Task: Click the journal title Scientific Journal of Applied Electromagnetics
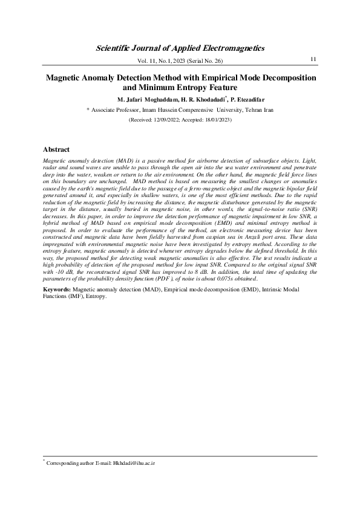[180, 47]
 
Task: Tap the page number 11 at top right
[313, 59]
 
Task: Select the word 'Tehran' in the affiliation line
[248, 110]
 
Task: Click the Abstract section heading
[56, 149]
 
